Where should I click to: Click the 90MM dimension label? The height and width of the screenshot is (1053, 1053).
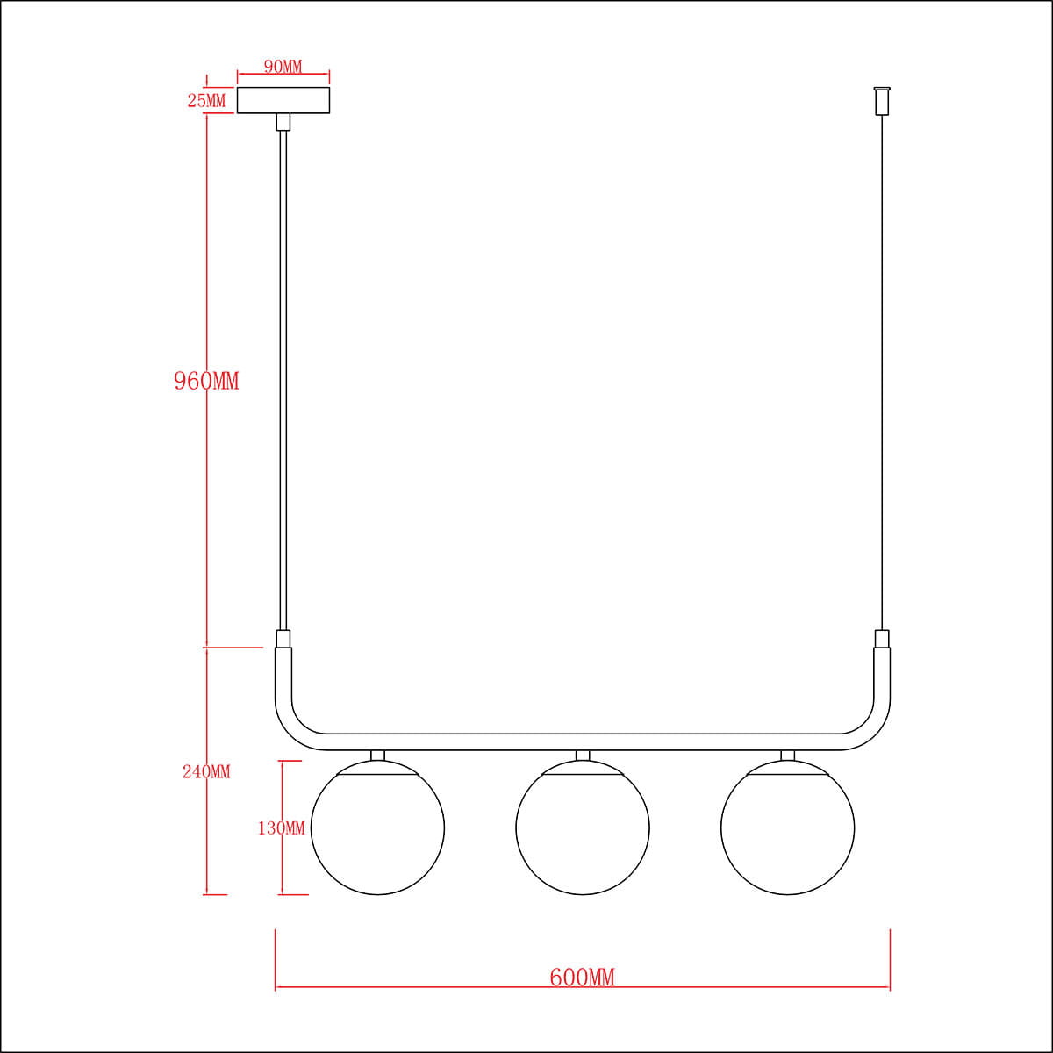(283, 67)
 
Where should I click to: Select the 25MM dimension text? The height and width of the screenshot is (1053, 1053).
(206, 101)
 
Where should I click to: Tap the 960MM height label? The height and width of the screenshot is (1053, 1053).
(206, 381)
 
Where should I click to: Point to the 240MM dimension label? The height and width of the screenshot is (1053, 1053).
(206, 772)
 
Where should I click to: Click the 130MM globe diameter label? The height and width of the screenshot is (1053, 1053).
(282, 828)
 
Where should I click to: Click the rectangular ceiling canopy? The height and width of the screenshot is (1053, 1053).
(283, 100)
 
